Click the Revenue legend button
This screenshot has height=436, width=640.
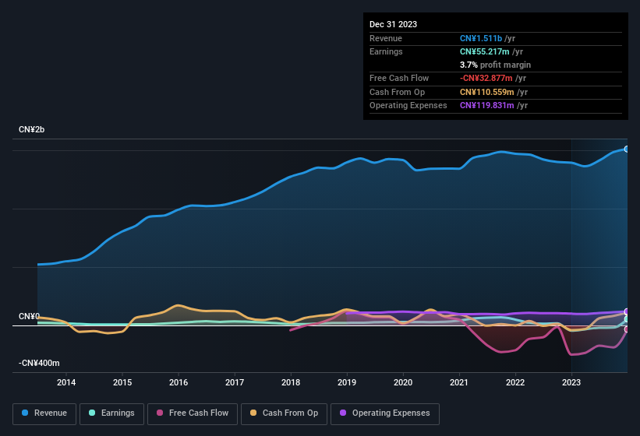tap(44, 413)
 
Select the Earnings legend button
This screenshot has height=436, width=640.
tap(111, 413)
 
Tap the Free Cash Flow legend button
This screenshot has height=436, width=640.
tap(193, 413)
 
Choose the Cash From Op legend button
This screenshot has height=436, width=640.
tap(284, 413)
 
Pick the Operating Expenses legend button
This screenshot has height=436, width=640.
tap(385, 413)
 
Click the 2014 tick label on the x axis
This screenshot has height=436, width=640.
tap(66, 382)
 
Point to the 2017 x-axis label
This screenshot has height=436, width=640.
tap(235, 382)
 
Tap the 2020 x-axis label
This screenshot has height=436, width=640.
tap(403, 382)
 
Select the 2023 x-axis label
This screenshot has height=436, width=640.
tap(571, 382)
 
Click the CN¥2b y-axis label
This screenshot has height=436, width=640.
tap(32, 129)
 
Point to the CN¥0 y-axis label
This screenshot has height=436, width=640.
tap(29, 317)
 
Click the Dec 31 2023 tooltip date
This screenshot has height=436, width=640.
tap(394, 24)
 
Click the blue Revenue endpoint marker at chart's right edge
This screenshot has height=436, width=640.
tap(626, 149)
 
